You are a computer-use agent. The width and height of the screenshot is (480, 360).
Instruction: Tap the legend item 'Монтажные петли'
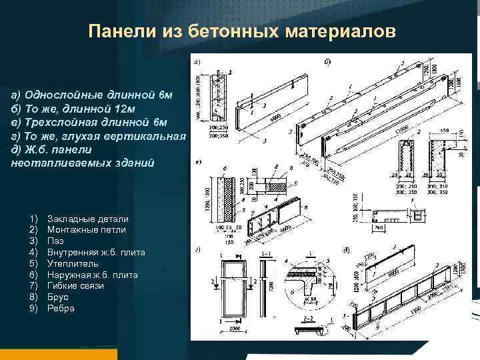(x=87, y=230)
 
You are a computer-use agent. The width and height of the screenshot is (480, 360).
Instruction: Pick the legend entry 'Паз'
(x=56, y=241)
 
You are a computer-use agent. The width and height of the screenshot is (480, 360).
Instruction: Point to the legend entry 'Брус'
(x=58, y=297)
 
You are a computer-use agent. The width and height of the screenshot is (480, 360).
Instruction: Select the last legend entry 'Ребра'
(x=61, y=309)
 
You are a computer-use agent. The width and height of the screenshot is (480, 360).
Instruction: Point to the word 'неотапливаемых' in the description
(x=53, y=163)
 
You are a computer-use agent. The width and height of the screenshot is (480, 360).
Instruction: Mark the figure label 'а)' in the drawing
(x=198, y=62)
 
